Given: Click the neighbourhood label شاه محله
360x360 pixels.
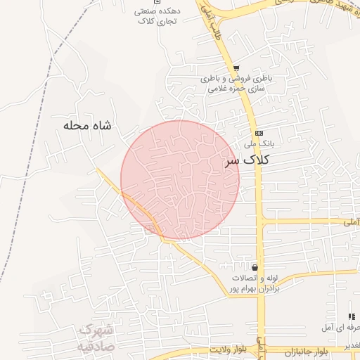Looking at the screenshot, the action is [x=87, y=126].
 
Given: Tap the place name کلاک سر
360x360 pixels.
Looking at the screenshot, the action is [x=246, y=160].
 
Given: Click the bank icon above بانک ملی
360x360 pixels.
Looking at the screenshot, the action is [x=259, y=132].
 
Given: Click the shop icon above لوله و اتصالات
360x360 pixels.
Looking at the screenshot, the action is [x=254, y=268].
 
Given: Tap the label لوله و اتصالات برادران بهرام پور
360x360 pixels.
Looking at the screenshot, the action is [x=256, y=283].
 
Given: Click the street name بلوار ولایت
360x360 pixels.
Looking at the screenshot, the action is [x=228, y=349].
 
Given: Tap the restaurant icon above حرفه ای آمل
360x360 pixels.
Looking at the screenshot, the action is [x=351, y=317].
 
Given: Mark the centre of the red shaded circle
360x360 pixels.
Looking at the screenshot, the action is [x=180, y=180].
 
